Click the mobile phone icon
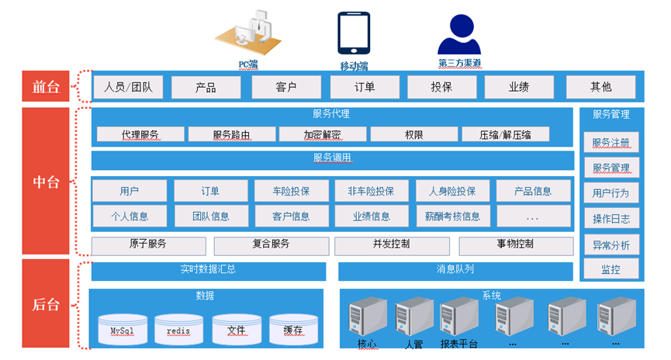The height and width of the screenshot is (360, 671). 354,33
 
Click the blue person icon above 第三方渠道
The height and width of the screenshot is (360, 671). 459,34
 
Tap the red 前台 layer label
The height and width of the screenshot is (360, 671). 46,86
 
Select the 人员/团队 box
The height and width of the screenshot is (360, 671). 128,88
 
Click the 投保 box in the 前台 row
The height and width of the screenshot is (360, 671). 441,88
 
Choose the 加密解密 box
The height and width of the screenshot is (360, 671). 323,134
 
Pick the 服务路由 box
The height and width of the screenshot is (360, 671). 231,134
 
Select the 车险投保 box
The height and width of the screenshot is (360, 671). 292,191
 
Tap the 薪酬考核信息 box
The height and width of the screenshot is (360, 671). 453,216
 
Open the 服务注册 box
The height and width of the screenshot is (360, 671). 611,143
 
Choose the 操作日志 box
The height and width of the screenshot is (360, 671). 611,218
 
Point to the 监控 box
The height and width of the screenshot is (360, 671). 611,268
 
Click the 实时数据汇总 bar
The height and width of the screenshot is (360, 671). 209,272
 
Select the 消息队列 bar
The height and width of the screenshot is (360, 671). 455,272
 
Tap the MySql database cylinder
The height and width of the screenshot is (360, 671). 123,329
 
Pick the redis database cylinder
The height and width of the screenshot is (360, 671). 178,329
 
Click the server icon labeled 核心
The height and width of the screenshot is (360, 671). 368,317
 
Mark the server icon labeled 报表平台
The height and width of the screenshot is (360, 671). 459,317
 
